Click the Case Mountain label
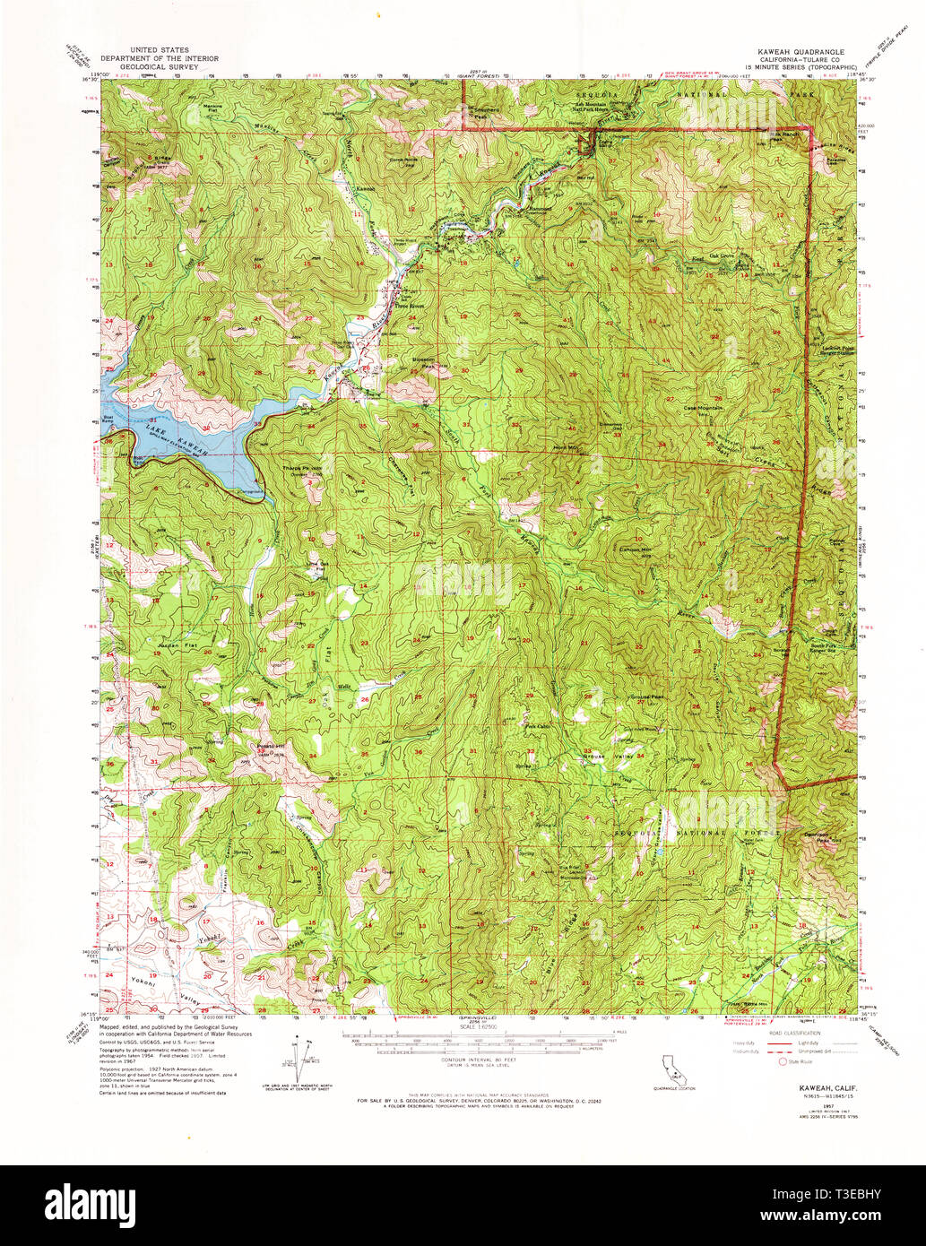(x=703, y=407)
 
